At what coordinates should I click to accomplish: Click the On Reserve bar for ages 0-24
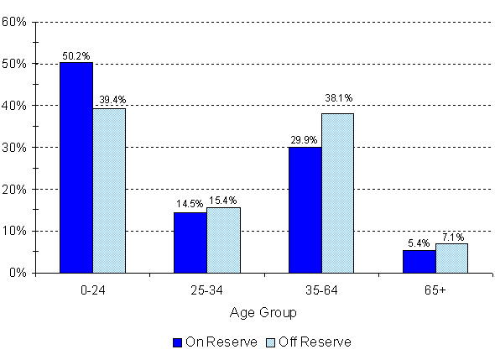[76, 168]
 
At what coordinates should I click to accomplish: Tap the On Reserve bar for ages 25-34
[190, 243]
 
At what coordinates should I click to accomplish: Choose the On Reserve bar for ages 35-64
[305, 210]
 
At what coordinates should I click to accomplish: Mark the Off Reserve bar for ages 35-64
[337, 193]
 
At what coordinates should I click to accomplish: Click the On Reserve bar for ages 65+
[419, 261]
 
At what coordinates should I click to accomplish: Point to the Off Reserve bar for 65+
[451, 258]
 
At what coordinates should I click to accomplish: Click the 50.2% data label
[76, 56]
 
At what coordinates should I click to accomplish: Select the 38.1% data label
[338, 97]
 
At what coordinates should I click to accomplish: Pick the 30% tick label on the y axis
[17, 148]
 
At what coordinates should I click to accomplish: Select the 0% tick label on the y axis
[19, 273]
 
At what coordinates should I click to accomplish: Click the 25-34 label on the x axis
[206, 290]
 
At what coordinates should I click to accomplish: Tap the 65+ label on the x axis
[435, 290]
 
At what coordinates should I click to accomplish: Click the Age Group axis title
[263, 312]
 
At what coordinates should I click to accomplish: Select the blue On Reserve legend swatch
[177, 342]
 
